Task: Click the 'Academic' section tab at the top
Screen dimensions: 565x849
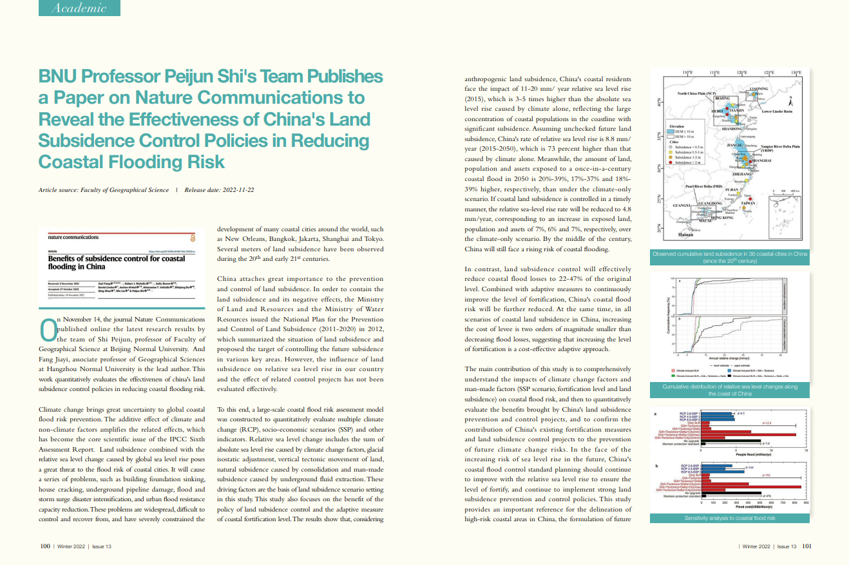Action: [79, 8]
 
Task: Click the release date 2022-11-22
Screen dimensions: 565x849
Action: [233, 190]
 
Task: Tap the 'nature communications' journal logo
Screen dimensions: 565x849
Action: [73, 238]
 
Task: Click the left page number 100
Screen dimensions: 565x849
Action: [45, 546]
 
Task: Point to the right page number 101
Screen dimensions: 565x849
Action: [806, 546]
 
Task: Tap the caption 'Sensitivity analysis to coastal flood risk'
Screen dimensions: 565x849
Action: [728, 518]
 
